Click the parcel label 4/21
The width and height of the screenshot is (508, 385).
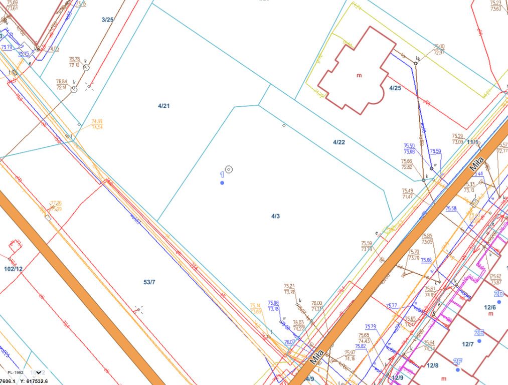click(x=164, y=106)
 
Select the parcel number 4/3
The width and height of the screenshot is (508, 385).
click(x=275, y=216)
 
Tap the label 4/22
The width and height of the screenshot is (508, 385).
click(x=339, y=142)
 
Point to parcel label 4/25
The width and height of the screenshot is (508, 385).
click(x=395, y=88)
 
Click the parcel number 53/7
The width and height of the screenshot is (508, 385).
click(x=149, y=282)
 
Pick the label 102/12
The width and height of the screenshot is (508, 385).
click(x=13, y=269)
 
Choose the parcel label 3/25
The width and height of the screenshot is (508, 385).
click(x=107, y=20)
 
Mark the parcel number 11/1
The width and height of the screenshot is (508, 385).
click(x=472, y=142)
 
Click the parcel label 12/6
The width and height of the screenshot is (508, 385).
click(x=490, y=307)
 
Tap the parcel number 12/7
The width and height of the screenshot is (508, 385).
click(x=468, y=344)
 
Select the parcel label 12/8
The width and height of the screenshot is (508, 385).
click(x=432, y=365)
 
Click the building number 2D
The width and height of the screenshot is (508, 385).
click(x=498, y=294)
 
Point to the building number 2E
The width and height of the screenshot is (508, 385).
click(x=479, y=333)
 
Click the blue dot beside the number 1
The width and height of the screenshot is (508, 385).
click(x=222, y=183)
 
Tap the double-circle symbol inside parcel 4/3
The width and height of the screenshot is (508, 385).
click(x=229, y=169)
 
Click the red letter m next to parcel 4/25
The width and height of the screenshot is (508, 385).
click(x=359, y=76)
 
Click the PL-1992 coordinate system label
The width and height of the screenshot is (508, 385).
click(x=16, y=373)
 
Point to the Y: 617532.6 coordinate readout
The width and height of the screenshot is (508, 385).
click(x=34, y=381)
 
